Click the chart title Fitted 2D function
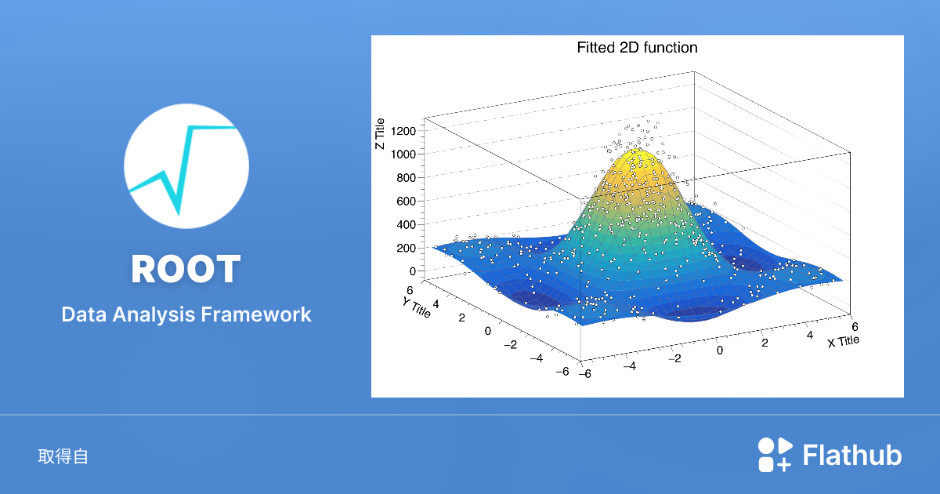coord(637,48)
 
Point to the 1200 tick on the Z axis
coord(403,131)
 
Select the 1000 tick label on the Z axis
coord(403,154)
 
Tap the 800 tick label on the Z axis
coord(407,178)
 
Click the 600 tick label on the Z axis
coord(407,202)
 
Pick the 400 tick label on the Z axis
coord(407,225)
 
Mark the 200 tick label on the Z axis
coord(407,249)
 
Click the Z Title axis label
coord(380,133)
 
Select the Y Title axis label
coord(416,307)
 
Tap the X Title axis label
coord(844,341)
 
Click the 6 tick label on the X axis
coord(855,327)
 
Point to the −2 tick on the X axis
coord(674,359)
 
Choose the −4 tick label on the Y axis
coord(537,358)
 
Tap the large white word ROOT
coord(186,269)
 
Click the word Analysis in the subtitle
coord(154,314)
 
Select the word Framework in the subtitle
coord(256,314)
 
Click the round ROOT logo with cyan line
coord(186,166)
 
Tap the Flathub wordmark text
coord(852,456)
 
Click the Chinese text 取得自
coord(63,456)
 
